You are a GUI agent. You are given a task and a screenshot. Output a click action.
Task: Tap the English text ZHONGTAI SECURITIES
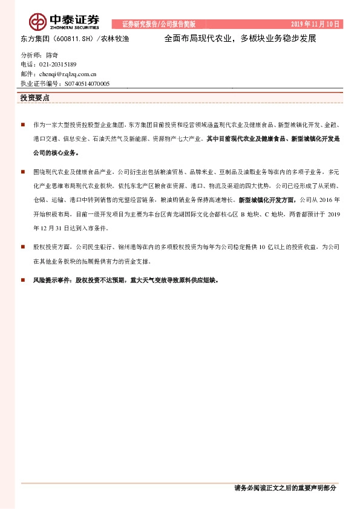pyautogui.click(x=71, y=27)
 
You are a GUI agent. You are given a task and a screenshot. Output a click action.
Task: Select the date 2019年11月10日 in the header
pyautogui.click(x=316, y=24)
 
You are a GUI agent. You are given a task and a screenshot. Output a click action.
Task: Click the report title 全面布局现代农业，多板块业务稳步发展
pyautogui.click(x=240, y=37)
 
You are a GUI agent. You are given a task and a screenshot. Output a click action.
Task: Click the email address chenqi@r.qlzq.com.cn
pyautogui.click(x=64, y=74)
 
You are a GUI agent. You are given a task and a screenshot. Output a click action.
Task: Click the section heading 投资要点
pyautogui.click(x=35, y=97)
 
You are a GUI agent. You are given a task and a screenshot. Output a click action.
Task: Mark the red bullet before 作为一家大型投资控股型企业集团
pyautogui.click(x=22, y=124)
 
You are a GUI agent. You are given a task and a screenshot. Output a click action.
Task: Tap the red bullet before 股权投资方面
pyautogui.click(x=22, y=247)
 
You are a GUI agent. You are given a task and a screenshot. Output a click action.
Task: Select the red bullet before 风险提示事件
pyautogui.click(x=22, y=280)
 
